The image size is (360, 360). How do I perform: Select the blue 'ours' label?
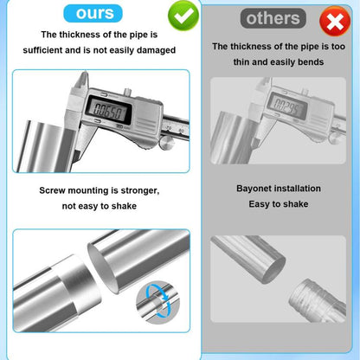(x=94, y=13)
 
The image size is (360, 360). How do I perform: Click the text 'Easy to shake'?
(x=279, y=203)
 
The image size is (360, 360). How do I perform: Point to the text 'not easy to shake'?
(x=100, y=206)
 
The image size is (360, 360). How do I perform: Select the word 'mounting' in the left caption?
(x=93, y=190)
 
